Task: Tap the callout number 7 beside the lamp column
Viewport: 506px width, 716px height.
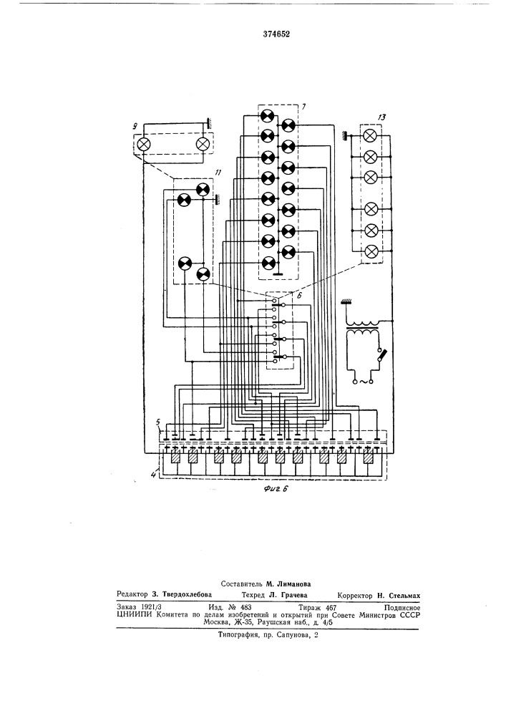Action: [x=303, y=107]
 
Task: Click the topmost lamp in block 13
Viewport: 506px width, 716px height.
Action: [x=371, y=135]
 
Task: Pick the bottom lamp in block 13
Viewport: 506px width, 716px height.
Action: [x=371, y=251]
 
